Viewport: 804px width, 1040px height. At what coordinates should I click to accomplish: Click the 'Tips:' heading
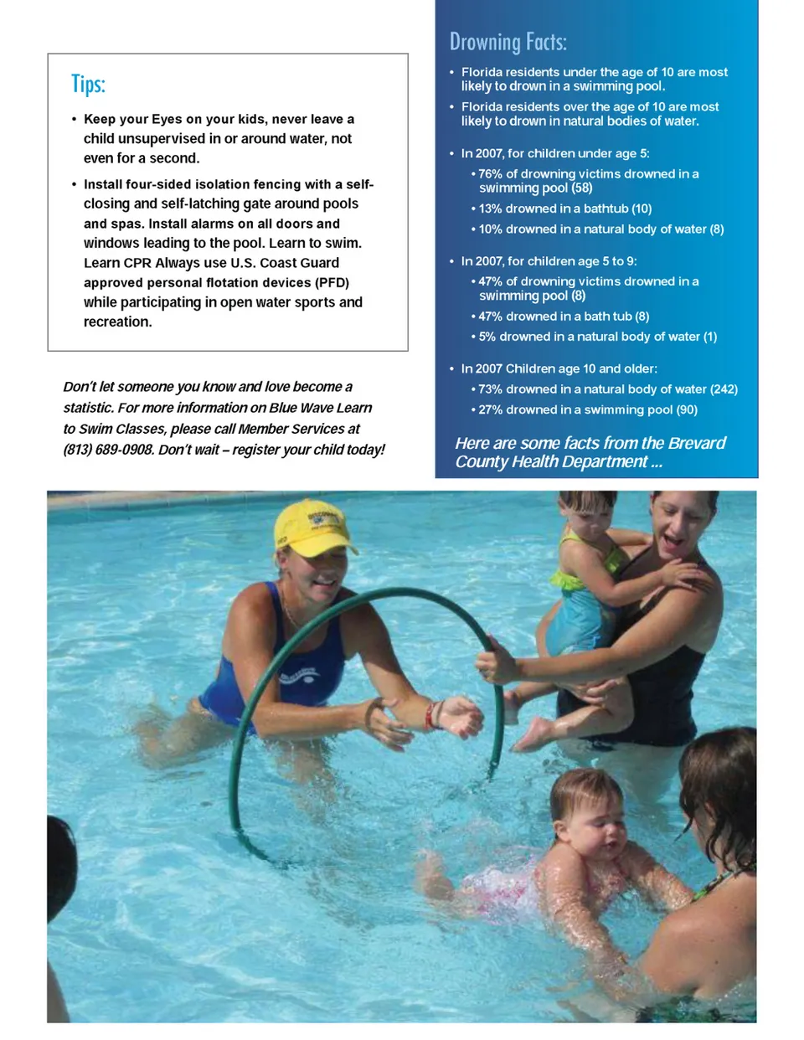click(88, 84)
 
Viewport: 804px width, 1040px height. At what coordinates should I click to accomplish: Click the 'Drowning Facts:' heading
click(508, 42)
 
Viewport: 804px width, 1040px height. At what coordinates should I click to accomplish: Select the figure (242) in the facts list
click(724, 389)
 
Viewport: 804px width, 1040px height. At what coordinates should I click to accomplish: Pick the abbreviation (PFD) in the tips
click(332, 283)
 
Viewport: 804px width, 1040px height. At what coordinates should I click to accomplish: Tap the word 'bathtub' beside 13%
click(606, 209)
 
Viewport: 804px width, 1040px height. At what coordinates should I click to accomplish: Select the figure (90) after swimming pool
click(687, 410)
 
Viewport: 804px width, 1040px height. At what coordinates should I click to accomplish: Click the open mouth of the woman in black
click(673, 540)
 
